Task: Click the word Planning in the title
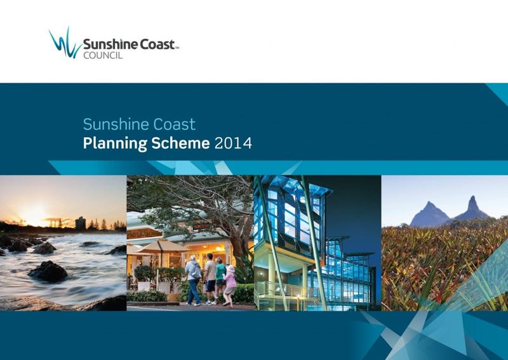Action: (112, 143)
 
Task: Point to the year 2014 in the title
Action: (233, 143)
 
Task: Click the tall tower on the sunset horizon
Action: (80, 223)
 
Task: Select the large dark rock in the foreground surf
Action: (48, 271)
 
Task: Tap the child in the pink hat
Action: (230, 286)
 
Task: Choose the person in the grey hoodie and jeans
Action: (193, 279)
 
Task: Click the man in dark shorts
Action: (210, 276)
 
